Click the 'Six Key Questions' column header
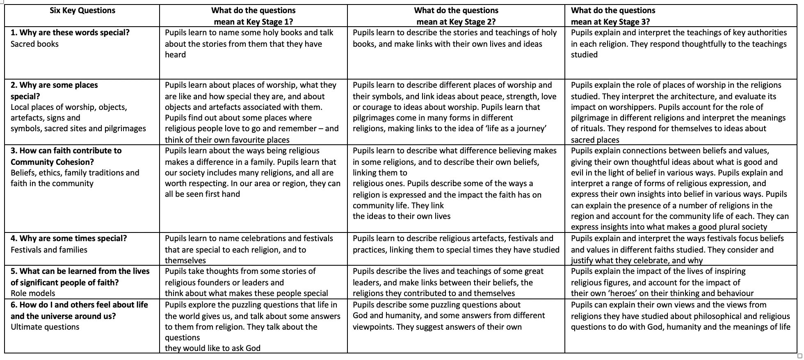click(x=82, y=11)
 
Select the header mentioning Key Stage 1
click(x=253, y=16)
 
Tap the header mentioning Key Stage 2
click(x=456, y=16)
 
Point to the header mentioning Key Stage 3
click(x=613, y=16)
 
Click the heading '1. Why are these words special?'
click(x=70, y=33)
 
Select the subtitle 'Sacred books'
click(x=34, y=44)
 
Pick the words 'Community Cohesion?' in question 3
click(x=52, y=162)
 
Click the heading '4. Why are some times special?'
click(x=69, y=239)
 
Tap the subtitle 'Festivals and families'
click(x=49, y=250)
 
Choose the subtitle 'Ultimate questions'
click(x=45, y=327)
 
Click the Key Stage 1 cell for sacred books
click(x=249, y=44)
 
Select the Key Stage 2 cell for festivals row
click(x=456, y=244)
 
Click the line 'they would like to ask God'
click(x=212, y=348)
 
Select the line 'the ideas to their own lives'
click(x=402, y=216)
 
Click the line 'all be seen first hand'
click(x=202, y=194)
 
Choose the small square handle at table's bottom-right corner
click(x=799, y=355)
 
